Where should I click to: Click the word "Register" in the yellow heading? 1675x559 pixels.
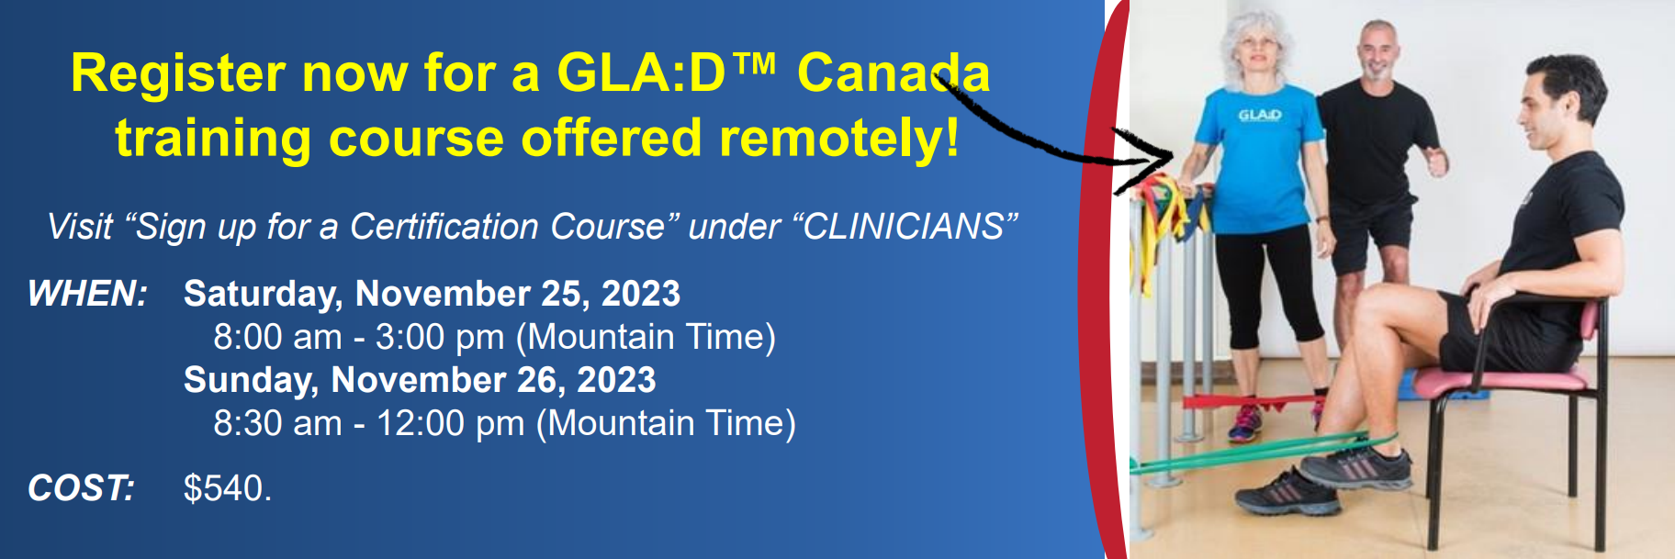pyautogui.click(x=178, y=74)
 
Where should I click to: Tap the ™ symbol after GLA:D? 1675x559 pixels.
pyautogui.click(x=755, y=63)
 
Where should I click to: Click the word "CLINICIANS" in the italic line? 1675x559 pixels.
pyautogui.click(x=904, y=227)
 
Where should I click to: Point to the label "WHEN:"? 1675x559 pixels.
pyautogui.click(x=87, y=294)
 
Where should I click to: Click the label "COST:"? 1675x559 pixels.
pyautogui.click(x=81, y=488)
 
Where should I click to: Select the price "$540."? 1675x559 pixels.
pyautogui.click(x=228, y=488)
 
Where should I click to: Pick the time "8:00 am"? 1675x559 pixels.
pyautogui.click(x=277, y=337)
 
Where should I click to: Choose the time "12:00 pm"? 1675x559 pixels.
pyautogui.click(x=450, y=424)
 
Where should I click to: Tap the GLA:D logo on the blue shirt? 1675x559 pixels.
pyautogui.click(x=1259, y=115)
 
